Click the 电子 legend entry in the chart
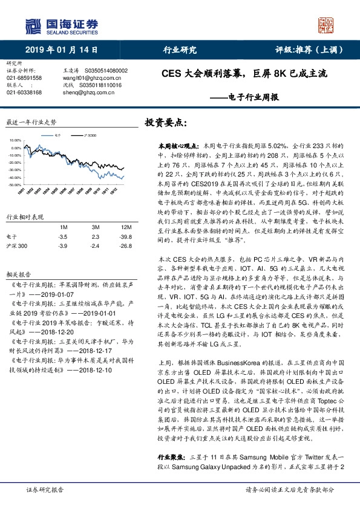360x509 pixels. [59, 136]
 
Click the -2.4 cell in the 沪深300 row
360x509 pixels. [94, 246]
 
